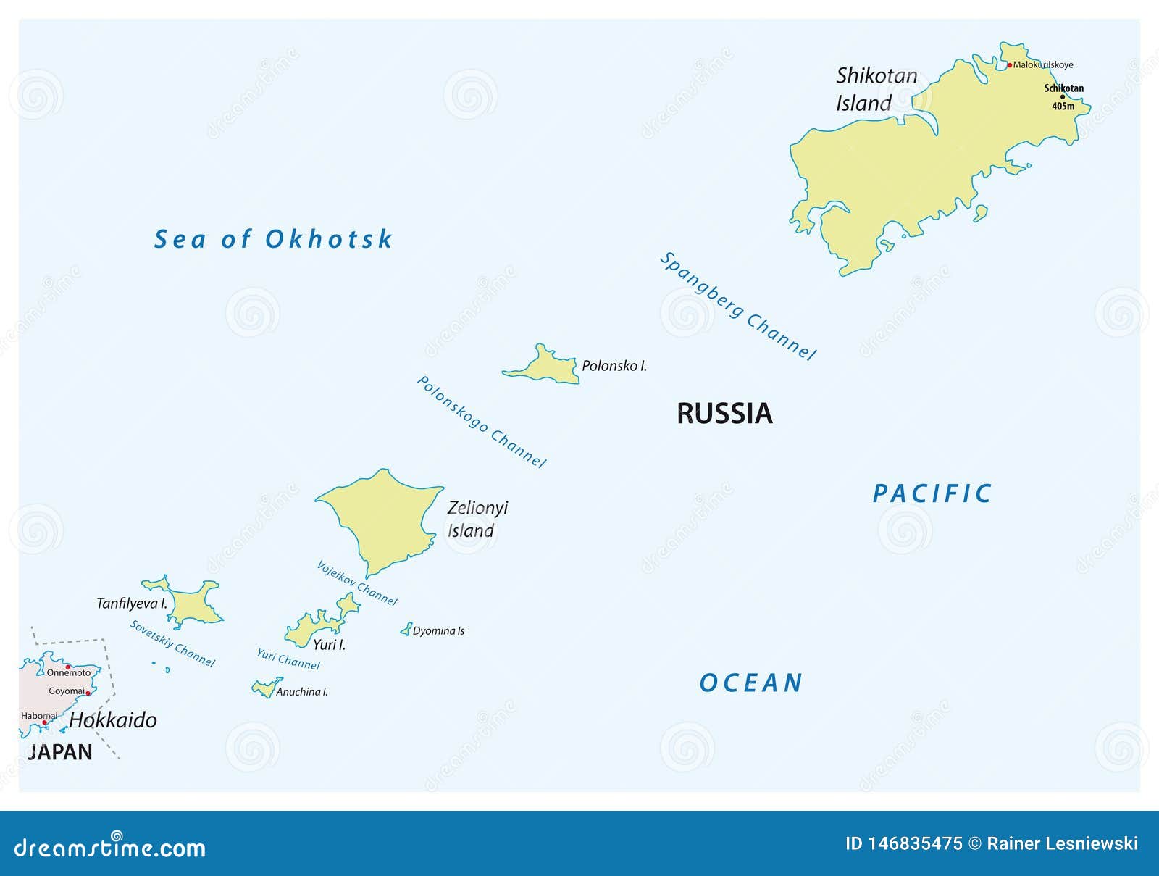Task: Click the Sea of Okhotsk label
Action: (273, 239)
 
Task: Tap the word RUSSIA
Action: (724, 414)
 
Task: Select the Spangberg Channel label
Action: (737, 306)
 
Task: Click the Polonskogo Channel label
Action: (481, 422)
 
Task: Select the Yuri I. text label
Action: (329, 644)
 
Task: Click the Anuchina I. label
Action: (301, 692)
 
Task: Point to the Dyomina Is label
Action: (438, 631)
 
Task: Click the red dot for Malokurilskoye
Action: (1010, 65)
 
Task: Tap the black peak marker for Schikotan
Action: (1063, 97)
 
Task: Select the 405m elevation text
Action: (1063, 107)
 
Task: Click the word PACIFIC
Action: (932, 494)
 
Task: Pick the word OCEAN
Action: (751, 683)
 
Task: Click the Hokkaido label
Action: (113, 720)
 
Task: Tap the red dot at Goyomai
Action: (88, 693)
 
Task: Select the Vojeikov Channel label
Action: (356, 583)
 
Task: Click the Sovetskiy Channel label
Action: (172, 643)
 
